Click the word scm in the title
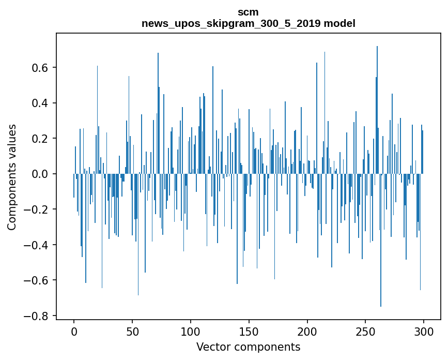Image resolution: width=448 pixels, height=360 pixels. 248,12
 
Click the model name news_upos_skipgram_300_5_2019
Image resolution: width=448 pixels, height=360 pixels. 231,23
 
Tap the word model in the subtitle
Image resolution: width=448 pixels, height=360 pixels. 339,23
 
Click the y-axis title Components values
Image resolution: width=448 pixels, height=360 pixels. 12,177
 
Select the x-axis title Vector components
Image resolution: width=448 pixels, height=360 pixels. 248,347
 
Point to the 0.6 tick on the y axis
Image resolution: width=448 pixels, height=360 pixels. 40,68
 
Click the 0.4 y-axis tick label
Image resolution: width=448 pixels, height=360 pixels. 40,103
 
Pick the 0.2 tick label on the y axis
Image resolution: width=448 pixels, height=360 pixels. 40,139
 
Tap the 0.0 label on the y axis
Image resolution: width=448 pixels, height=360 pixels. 40,174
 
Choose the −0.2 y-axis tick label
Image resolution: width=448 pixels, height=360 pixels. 36,209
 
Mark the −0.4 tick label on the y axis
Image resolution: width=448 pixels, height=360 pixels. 36,245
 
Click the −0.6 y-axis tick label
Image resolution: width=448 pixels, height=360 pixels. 36,280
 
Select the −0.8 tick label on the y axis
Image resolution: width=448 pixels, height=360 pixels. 36,316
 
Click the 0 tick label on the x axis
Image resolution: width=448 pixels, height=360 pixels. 74,332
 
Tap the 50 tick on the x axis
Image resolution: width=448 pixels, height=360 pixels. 132,332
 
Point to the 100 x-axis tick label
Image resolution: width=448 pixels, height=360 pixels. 191,332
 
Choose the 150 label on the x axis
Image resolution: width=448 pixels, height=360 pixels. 249,332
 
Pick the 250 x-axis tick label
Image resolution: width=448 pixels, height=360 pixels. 365,332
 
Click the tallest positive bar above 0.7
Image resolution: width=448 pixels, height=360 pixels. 377,110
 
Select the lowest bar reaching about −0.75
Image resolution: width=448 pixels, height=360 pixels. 381,240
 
